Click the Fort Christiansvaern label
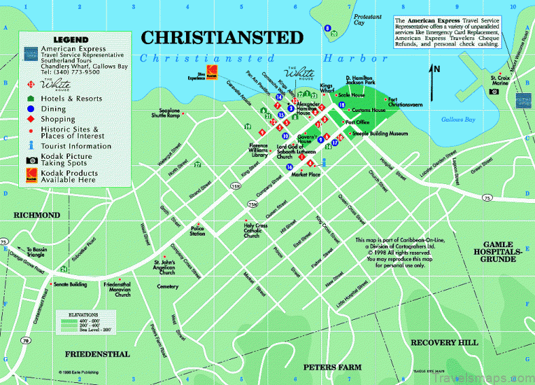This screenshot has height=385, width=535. point(406,102)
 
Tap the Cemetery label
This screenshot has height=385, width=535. point(167,287)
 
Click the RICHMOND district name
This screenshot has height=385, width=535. point(37,215)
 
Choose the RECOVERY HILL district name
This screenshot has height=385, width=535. point(444,342)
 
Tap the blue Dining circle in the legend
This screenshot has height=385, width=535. point(31,109)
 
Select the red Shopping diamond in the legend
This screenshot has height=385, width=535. point(31,120)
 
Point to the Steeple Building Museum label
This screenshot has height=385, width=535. point(380,133)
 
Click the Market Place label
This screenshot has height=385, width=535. point(305,174)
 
